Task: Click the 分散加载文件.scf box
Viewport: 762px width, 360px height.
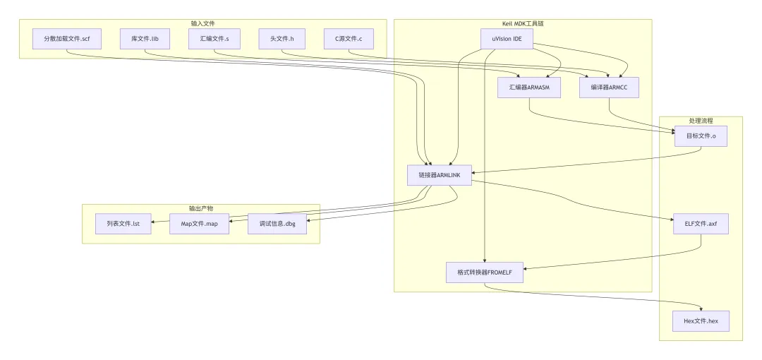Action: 66,38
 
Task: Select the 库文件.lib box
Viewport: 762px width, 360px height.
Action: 145,38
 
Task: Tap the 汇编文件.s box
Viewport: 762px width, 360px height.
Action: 214,38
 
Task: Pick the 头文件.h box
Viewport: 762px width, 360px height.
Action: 282,38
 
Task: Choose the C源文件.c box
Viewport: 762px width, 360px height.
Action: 349,38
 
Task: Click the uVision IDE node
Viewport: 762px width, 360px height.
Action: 507,38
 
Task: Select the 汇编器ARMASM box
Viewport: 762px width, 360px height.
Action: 529,88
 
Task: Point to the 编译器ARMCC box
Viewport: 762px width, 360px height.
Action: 609,88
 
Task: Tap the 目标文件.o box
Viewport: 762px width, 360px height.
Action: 701,136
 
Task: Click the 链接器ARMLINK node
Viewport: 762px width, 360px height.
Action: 439,174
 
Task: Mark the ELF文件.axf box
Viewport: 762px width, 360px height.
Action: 701,223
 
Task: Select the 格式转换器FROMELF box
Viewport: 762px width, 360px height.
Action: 485,272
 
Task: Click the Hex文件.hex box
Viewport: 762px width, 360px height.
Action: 701,320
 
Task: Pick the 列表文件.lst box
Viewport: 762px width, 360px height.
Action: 123,224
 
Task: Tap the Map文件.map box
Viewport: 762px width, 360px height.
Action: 200,224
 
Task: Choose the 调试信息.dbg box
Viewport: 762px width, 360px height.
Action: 277,224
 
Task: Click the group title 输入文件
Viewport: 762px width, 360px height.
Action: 203,23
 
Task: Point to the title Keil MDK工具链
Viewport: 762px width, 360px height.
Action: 523,23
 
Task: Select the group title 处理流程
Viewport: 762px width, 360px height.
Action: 701,121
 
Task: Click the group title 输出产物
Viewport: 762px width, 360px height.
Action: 201,208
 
